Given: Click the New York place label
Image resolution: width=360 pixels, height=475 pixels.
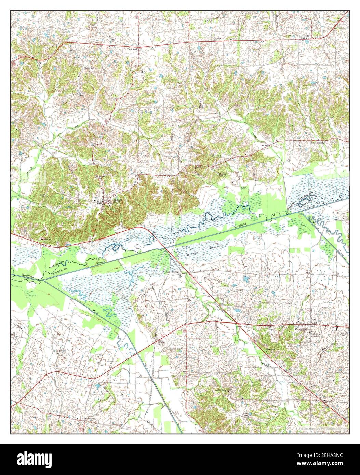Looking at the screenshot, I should (x=132, y=49).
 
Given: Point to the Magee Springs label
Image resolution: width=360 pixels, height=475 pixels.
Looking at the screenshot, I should (x=172, y=272).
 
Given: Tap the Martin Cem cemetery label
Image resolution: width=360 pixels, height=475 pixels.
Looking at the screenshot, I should (x=89, y=68).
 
